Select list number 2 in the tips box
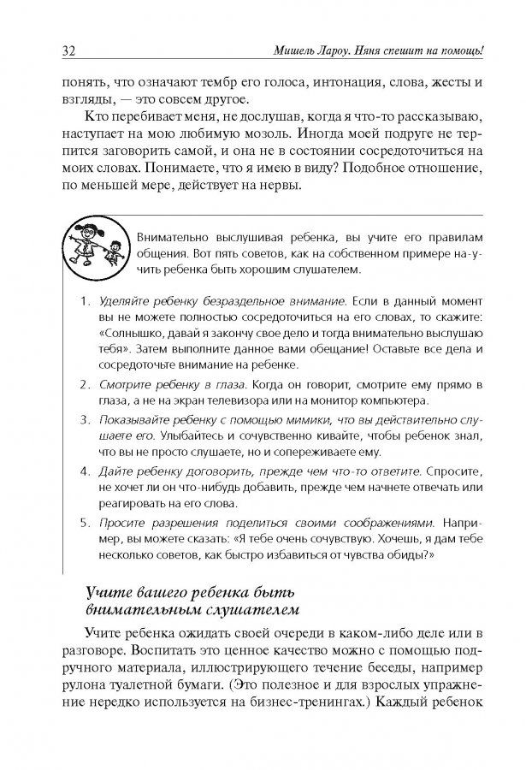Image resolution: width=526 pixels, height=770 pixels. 84,383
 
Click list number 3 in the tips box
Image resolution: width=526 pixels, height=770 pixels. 84,420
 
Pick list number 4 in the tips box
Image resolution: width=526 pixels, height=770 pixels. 84,471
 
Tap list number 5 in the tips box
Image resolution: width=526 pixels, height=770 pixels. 84,521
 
